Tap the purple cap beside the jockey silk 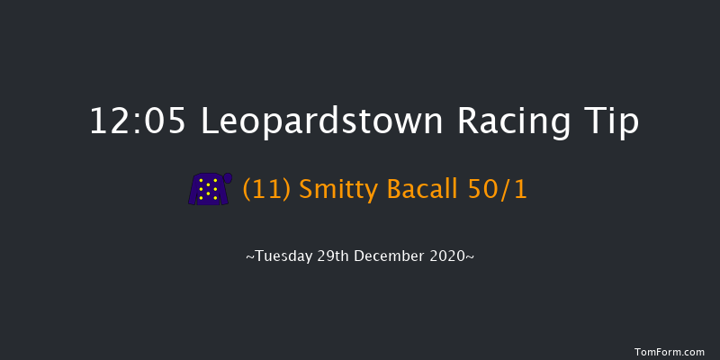228,178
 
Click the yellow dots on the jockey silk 208,189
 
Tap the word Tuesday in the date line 284,256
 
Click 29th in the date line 337,256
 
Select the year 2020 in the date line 449,256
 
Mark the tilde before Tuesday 249,257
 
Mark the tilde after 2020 471,257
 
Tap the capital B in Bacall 381,189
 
